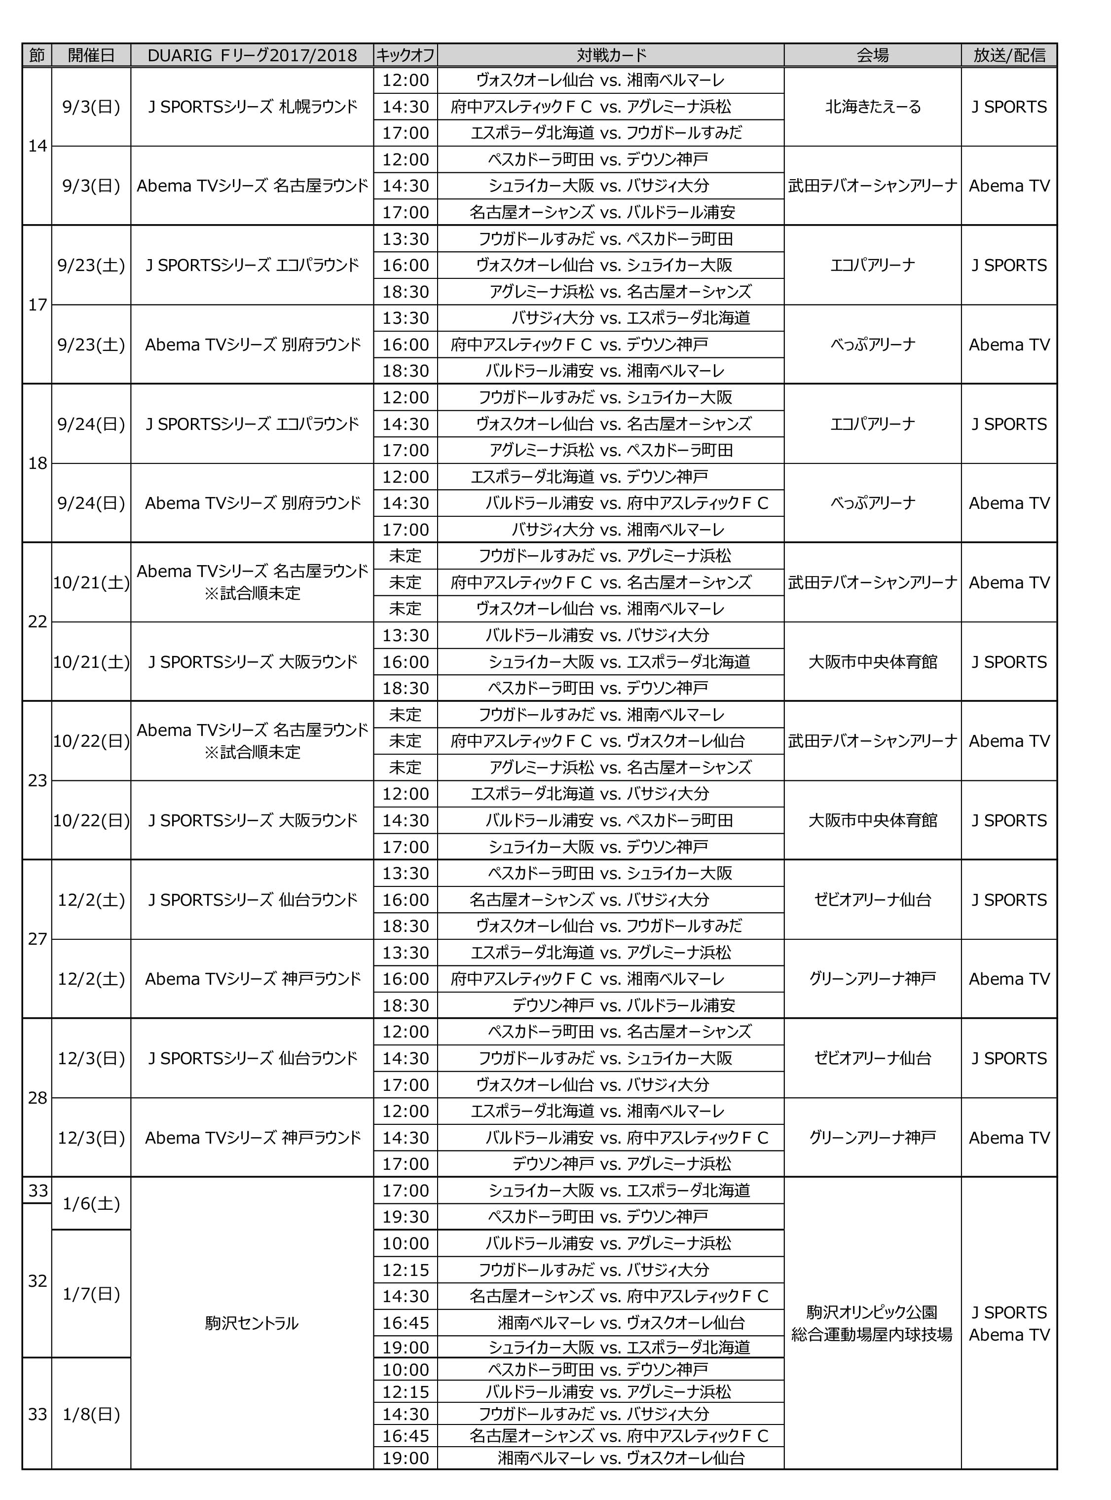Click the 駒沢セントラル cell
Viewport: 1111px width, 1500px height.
(x=252, y=1323)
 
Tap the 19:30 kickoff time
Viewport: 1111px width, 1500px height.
(x=406, y=1217)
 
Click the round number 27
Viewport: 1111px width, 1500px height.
(x=37, y=939)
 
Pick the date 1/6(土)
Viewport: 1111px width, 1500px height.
(x=91, y=1203)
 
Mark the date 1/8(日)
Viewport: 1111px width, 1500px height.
(x=91, y=1414)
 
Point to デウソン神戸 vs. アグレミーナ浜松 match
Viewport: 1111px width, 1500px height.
(x=611, y=1163)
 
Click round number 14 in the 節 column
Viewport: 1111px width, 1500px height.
(x=37, y=146)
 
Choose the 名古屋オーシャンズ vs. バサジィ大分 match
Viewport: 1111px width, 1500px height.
(x=611, y=900)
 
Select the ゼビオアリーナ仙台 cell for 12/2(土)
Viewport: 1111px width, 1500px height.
(x=872, y=900)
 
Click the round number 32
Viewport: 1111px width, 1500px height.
(x=37, y=1281)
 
